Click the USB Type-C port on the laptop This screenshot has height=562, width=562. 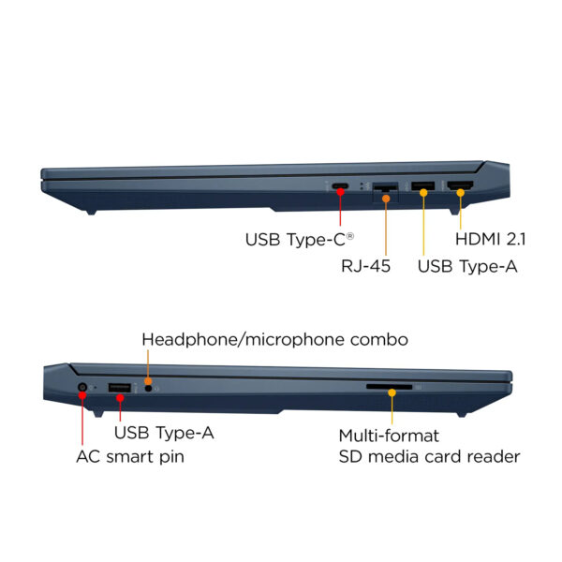(340, 186)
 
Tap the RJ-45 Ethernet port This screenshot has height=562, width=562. (385, 187)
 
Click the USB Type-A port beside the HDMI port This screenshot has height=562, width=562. (423, 186)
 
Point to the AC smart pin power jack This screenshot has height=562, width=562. (82, 387)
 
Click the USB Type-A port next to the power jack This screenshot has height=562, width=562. (120, 388)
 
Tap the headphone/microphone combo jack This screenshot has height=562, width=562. (148, 388)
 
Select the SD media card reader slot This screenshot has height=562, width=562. (390, 387)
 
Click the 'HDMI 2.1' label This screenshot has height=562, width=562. (490, 239)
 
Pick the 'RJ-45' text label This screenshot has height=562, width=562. (365, 266)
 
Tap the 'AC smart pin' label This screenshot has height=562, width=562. (130, 457)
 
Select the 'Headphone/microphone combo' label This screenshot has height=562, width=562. (274, 339)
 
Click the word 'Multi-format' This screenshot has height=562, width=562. (389, 436)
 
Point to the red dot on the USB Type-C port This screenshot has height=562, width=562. (340, 192)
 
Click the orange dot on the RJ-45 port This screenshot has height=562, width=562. (386, 199)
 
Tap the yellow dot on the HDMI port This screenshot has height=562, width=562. (461, 193)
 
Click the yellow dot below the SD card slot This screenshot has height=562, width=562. (392, 392)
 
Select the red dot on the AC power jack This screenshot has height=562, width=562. (82, 395)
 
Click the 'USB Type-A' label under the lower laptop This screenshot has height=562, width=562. (164, 433)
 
